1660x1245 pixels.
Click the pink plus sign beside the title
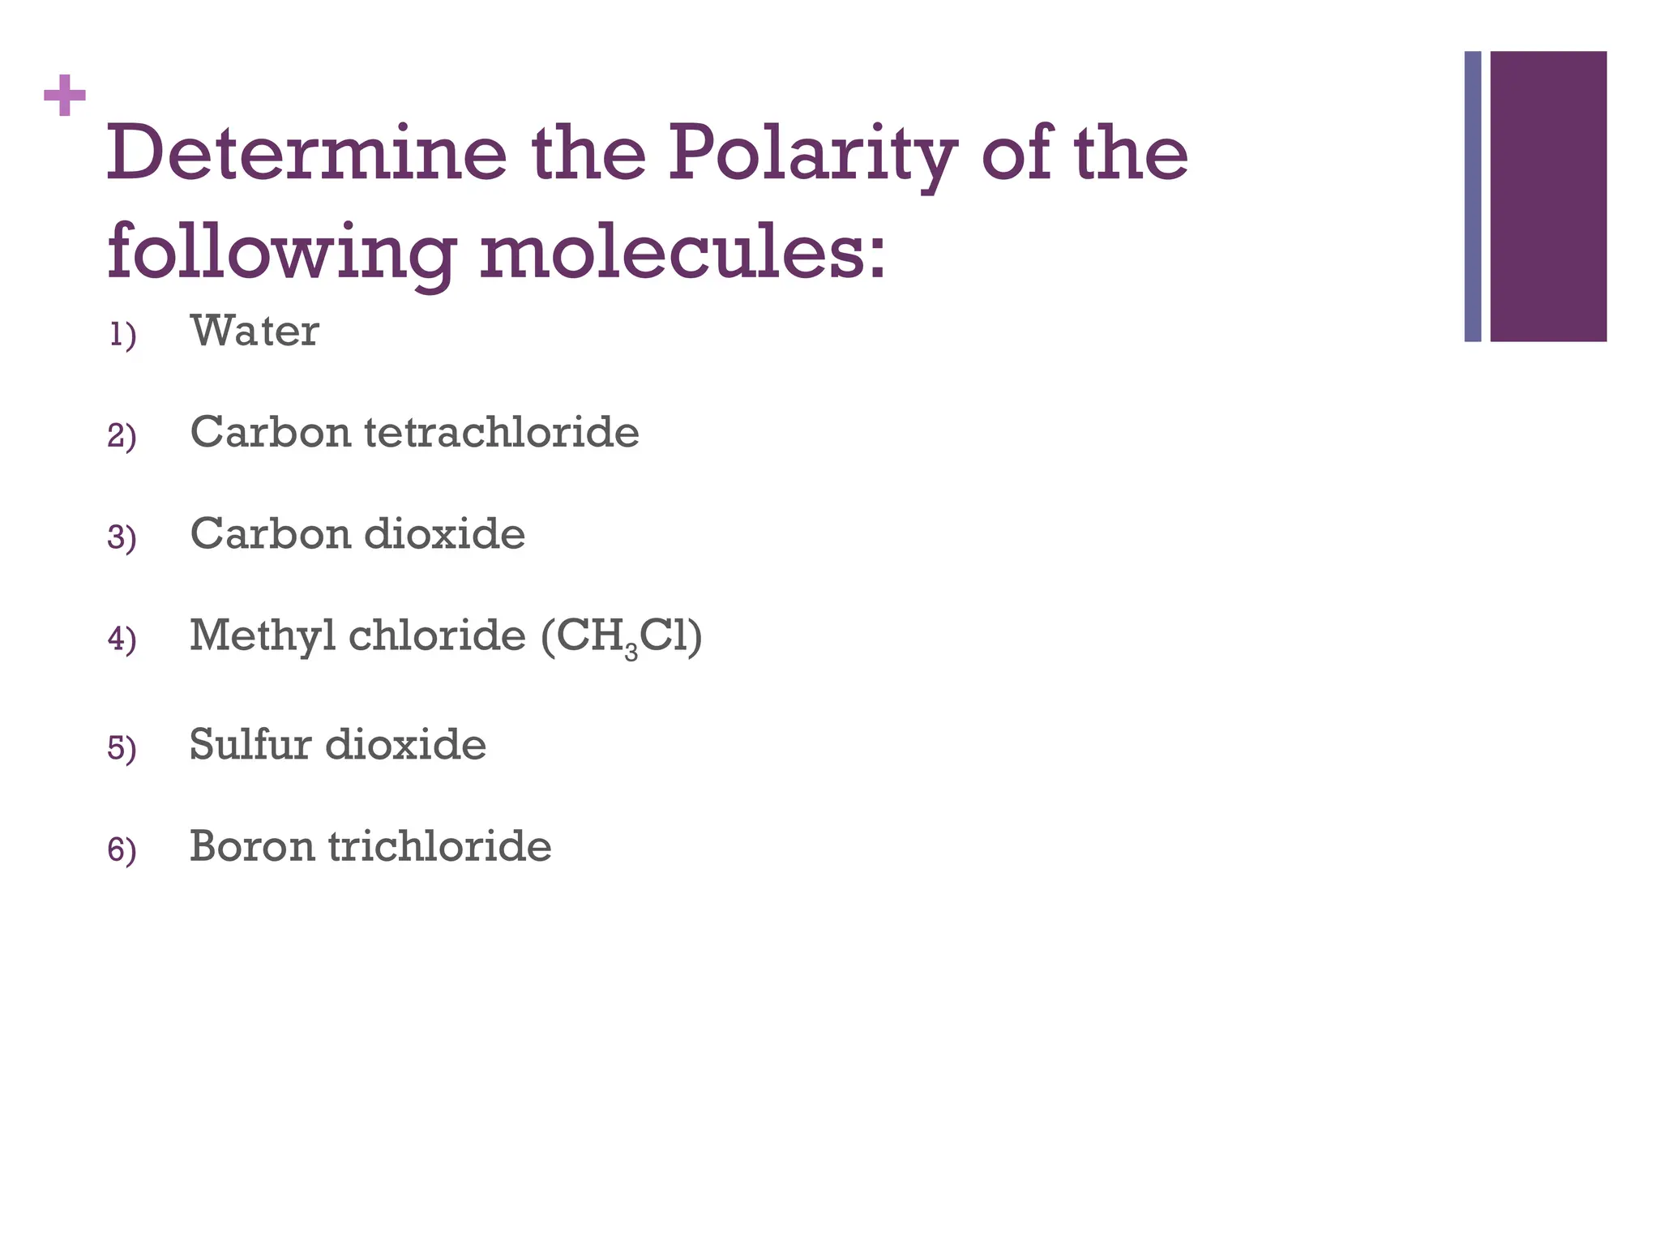click(65, 96)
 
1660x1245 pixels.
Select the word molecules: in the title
click(682, 252)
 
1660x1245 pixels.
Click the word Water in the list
click(255, 331)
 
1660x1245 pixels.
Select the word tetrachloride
click(502, 432)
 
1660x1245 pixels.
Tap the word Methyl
click(263, 635)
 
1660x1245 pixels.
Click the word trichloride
click(440, 846)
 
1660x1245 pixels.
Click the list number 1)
click(122, 335)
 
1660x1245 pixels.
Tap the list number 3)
click(122, 538)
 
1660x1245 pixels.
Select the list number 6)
click(122, 850)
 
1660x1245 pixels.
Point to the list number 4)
click(122, 640)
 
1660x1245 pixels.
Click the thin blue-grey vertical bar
click(1473, 196)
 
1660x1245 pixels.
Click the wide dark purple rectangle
click(1548, 196)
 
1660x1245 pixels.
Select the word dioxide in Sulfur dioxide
click(405, 744)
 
